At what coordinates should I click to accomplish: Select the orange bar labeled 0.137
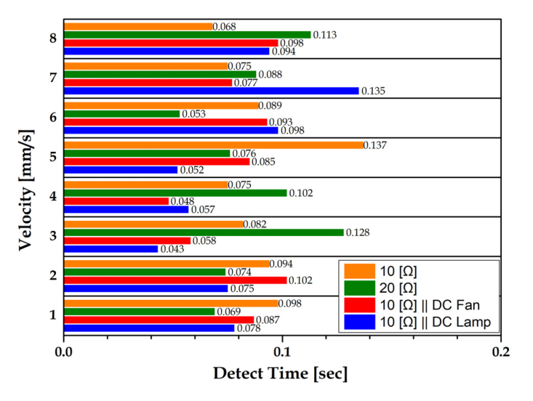tap(213, 145)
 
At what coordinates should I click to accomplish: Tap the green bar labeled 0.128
tap(204, 232)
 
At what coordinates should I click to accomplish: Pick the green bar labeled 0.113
tap(187, 35)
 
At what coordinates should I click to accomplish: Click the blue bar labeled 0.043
tap(111, 249)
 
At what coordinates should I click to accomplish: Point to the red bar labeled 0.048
tap(116, 201)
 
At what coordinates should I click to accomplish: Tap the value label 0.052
tap(192, 170)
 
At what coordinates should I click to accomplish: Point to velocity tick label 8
tap(52, 39)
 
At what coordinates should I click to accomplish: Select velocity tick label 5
tap(52, 157)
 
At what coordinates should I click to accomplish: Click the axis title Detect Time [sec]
tap(280, 375)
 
